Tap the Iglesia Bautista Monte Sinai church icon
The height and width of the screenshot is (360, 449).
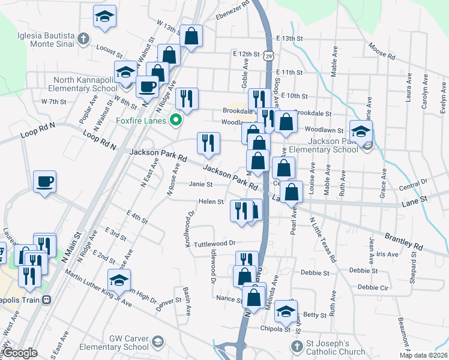(83, 39)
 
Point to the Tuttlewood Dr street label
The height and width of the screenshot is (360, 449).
(214, 244)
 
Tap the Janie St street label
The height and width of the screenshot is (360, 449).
(201, 184)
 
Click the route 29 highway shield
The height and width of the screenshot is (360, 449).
(270, 55)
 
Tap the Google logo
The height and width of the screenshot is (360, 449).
(20, 352)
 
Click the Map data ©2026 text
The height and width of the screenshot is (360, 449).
(424, 355)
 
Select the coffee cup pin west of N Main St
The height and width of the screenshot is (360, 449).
(45, 182)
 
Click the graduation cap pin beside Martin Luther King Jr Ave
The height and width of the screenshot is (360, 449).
(119, 280)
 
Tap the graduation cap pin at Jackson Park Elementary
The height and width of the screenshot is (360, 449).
(361, 133)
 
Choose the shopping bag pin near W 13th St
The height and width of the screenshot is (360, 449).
(191, 37)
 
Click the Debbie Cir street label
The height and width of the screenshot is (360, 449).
(372, 287)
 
